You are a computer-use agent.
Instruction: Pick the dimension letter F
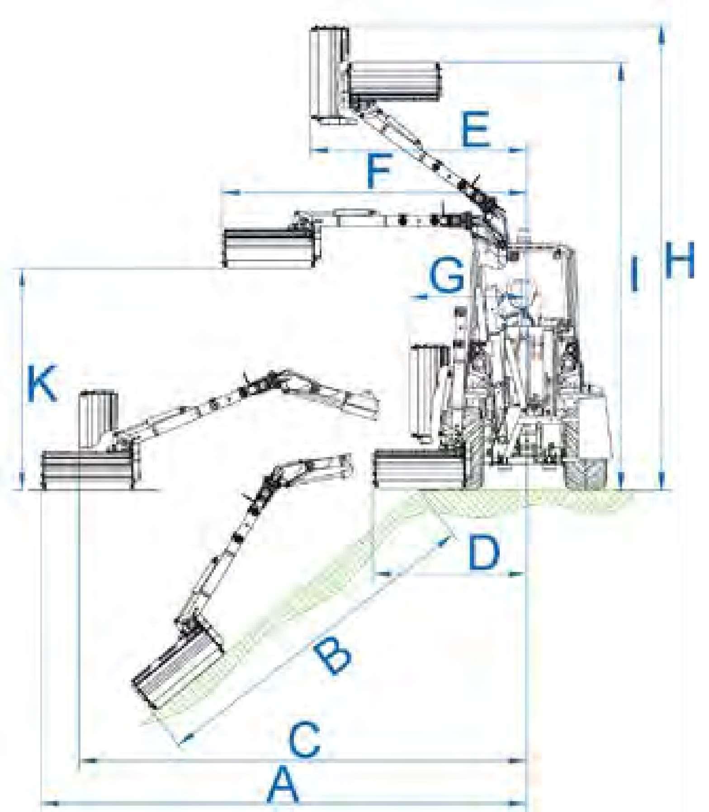tap(378, 172)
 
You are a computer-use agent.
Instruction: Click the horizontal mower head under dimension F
tap(270, 247)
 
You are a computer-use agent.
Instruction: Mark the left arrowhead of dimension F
tap(231, 193)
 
